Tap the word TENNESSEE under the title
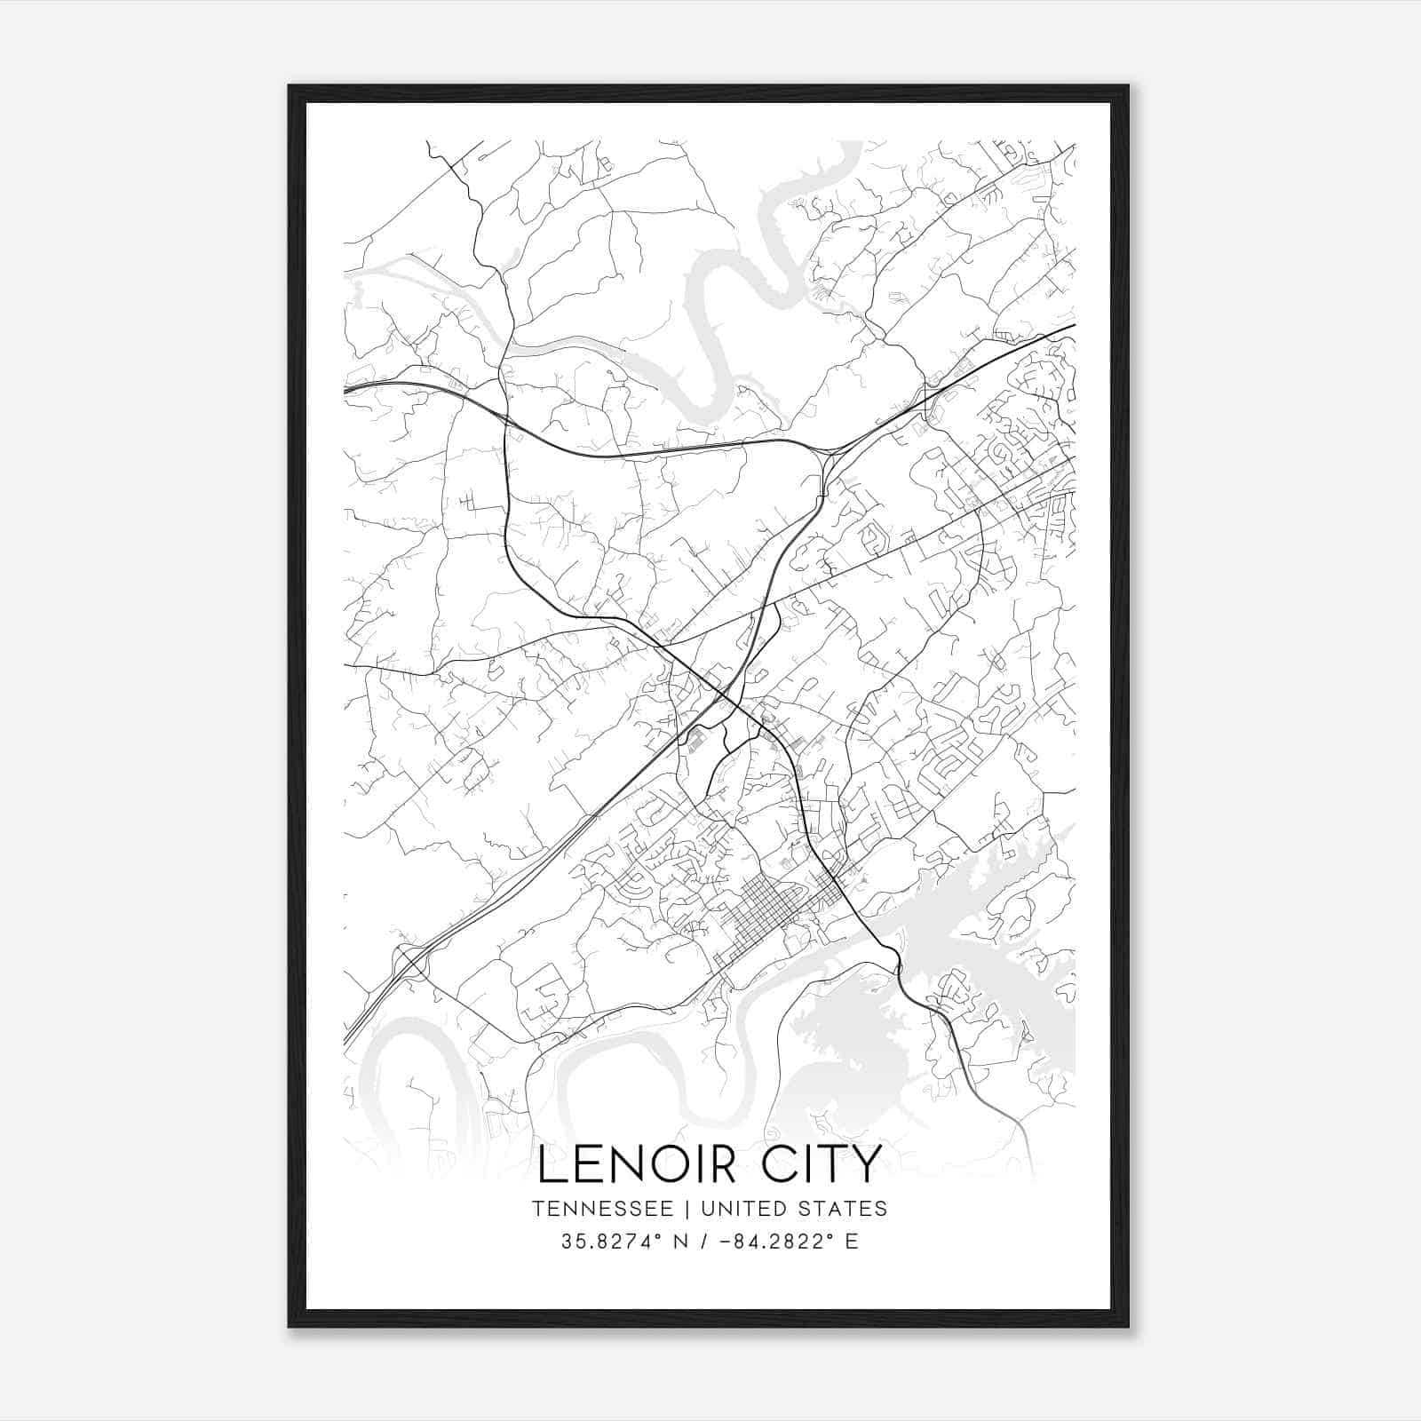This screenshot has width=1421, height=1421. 608,1209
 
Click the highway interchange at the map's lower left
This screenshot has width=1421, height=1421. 410,961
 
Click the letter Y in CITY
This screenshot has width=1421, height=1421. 867,1165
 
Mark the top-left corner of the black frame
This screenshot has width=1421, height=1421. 290,86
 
